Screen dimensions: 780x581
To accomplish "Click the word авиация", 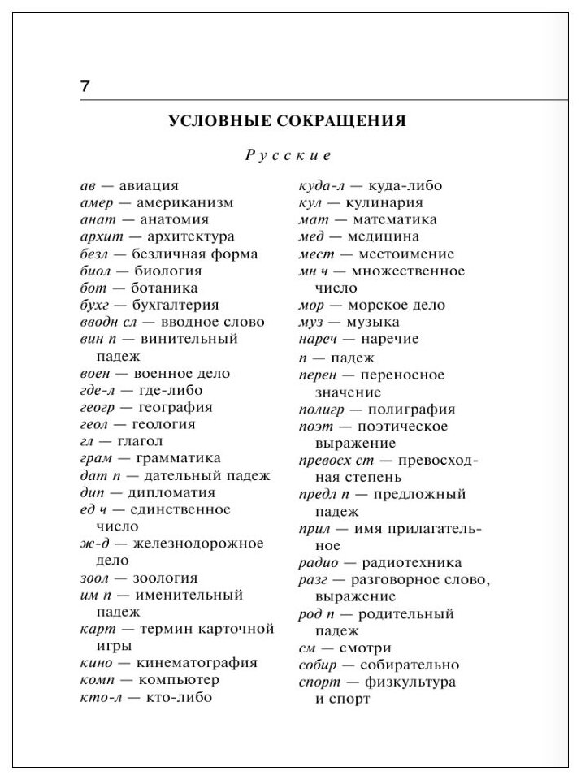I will [149, 185].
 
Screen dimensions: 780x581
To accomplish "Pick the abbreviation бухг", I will [96, 305].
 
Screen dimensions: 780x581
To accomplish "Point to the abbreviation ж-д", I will [93, 543].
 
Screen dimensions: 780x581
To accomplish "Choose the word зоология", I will [166, 578].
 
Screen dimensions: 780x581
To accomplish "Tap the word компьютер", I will [179, 679].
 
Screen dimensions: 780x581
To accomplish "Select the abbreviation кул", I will [311, 202].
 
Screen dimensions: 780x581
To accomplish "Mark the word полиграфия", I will [412, 409].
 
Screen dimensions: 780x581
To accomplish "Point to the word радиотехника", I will [416, 562].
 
